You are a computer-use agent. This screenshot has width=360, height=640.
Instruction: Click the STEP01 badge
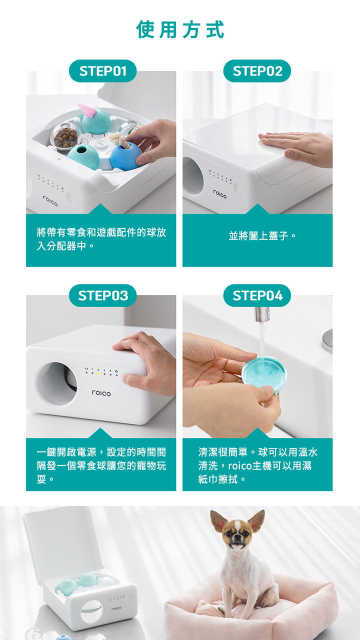click(x=102, y=71)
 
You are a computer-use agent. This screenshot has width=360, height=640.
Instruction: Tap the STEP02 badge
click(x=257, y=71)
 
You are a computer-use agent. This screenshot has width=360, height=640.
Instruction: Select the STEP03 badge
click(x=102, y=295)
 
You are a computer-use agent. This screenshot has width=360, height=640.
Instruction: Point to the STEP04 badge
click(x=257, y=295)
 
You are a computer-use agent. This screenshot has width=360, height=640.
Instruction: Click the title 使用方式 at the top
click(x=180, y=29)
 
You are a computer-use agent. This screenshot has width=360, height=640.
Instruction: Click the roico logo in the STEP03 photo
click(x=101, y=393)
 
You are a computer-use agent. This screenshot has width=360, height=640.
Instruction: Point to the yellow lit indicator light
click(x=98, y=373)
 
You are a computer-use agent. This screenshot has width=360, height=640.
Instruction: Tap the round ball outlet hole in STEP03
click(x=57, y=383)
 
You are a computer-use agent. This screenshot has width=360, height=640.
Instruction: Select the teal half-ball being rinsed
click(x=264, y=372)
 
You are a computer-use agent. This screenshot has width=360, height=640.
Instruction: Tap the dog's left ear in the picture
click(x=219, y=520)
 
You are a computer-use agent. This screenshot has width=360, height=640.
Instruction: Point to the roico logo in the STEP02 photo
click(x=219, y=194)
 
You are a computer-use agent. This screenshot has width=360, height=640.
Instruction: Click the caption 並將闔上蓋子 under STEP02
click(x=262, y=235)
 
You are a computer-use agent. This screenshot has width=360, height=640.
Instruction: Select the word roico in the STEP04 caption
click(x=240, y=465)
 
